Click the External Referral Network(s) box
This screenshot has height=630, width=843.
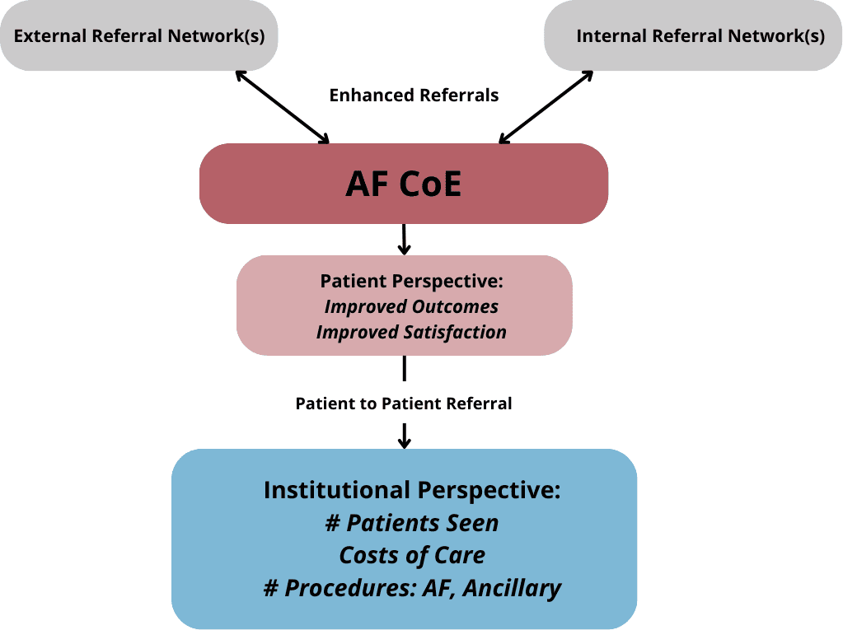tap(139, 35)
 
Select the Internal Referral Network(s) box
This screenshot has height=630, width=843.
tap(693, 35)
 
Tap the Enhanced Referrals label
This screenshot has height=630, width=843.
tap(414, 95)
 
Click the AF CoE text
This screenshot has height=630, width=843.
tap(403, 184)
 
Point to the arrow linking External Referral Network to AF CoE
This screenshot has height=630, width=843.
tap(283, 107)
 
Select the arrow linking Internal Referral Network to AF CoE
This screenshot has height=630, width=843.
tap(546, 107)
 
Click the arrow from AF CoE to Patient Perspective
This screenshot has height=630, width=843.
tap(405, 239)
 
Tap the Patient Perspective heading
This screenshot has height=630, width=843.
tap(412, 281)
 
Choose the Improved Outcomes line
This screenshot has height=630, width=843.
tap(411, 306)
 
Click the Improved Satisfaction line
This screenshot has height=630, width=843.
tap(411, 332)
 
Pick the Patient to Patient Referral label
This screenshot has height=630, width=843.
tap(403, 404)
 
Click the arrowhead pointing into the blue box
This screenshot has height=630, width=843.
tap(405, 442)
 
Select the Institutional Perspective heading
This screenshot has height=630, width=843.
tap(412, 490)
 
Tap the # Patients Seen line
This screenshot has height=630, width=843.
tap(412, 523)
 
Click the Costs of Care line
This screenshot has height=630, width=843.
tap(412, 555)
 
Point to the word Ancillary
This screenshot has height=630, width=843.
tap(512, 588)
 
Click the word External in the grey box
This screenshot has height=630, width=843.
tap(50, 35)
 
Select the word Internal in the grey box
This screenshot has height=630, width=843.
tap(611, 35)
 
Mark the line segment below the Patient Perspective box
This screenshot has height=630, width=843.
tap(405, 368)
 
